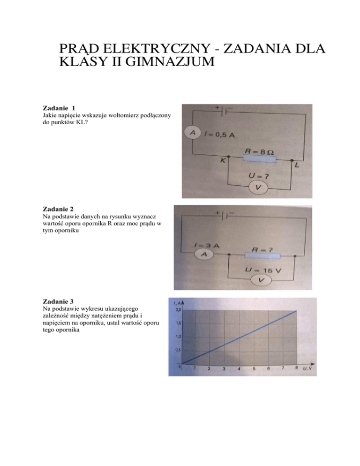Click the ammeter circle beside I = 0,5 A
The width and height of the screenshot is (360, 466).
192,133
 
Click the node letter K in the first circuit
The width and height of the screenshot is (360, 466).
223,161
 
